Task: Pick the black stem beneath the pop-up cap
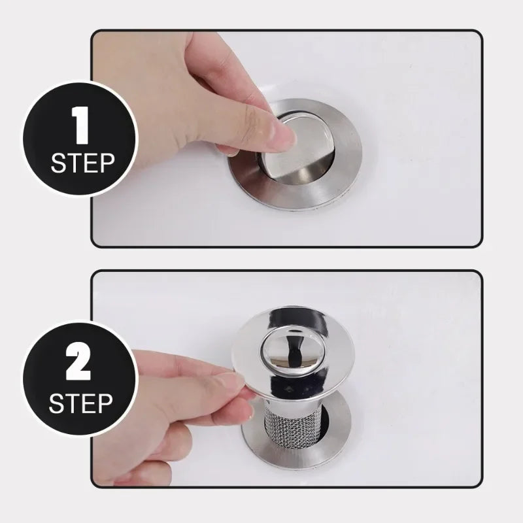(294, 356)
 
